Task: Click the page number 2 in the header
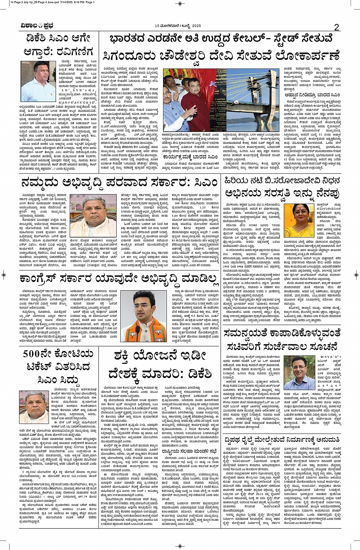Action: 336,27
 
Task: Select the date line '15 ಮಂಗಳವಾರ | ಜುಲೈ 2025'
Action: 178,26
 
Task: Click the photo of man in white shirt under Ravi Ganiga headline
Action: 38,81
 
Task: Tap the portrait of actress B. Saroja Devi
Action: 299,220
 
